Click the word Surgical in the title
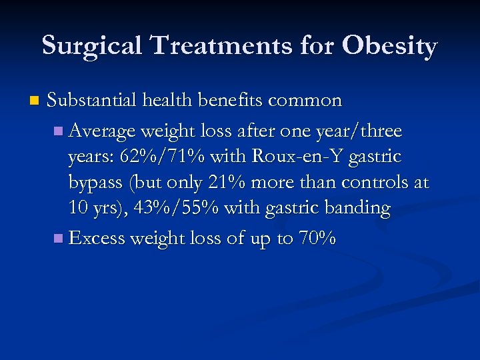click(93, 46)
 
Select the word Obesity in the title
click(389, 46)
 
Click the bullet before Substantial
click(34, 102)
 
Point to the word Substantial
click(93, 101)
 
